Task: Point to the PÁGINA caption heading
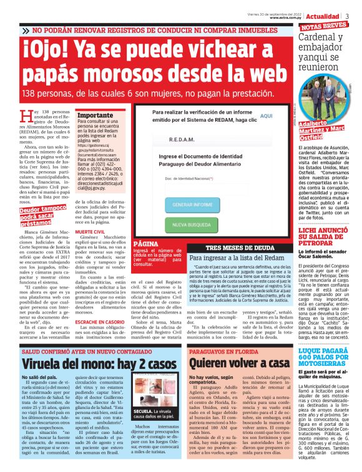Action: (145, 242)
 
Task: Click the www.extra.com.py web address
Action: (286, 17)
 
